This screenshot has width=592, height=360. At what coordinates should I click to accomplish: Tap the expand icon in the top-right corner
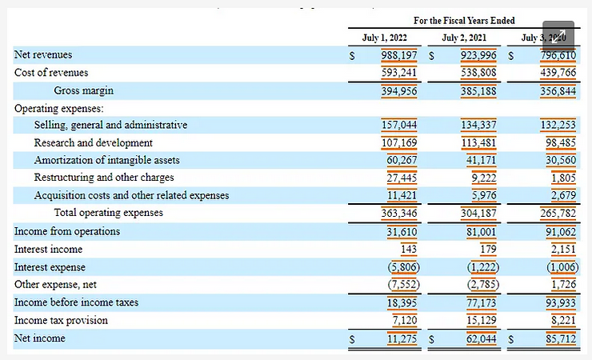(x=558, y=38)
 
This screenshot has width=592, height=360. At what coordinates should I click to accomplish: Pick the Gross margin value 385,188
(x=478, y=90)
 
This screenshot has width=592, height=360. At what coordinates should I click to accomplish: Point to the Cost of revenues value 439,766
(x=558, y=73)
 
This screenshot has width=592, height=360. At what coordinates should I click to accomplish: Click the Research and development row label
(x=93, y=143)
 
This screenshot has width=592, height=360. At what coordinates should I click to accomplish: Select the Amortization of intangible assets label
(x=106, y=161)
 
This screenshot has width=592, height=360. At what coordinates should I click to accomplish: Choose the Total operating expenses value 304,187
(x=478, y=213)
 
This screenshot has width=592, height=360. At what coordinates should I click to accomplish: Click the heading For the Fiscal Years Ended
(x=464, y=20)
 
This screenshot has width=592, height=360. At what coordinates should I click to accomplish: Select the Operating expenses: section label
(x=58, y=108)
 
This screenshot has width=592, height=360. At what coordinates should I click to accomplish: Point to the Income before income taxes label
(x=76, y=302)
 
